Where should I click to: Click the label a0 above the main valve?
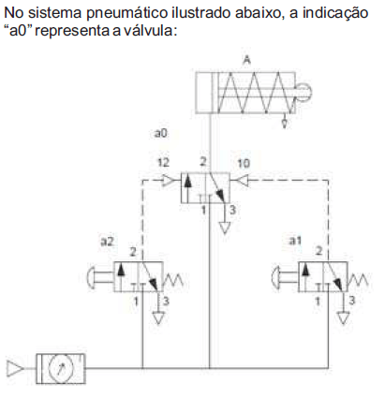coord(161,133)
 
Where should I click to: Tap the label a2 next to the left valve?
coord(107,241)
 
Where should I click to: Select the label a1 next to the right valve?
coord(295,241)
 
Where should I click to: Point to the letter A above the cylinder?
coord(246,60)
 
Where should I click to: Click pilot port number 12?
coord(164,162)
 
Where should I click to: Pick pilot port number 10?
coord(244,163)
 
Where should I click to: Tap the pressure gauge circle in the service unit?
coord(61,369)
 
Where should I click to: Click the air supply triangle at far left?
coord(15,368)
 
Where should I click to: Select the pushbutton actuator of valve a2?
coord(100,276)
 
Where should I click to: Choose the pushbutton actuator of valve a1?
coord(285,276)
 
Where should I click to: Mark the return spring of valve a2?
coord(173,279)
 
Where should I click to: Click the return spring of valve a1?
coord(358,279)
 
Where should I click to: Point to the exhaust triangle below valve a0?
coord(225,228)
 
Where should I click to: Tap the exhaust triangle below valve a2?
coord(158,318)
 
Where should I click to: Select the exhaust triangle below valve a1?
coord(344,318)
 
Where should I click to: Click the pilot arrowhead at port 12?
coord(170,181)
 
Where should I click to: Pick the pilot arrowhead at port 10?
coord(243,181)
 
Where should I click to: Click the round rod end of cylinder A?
coord(304,92)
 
